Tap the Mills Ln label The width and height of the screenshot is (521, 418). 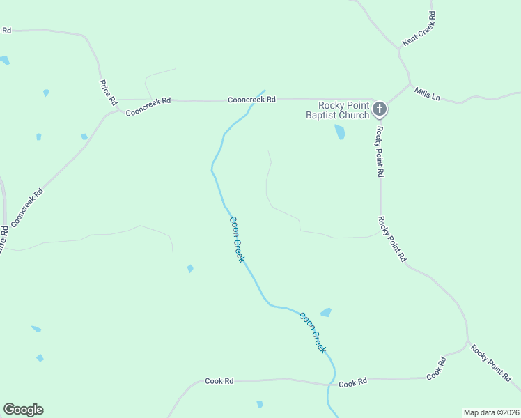427,94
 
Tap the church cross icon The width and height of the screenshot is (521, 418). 380,109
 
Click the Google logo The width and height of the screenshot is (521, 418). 23,410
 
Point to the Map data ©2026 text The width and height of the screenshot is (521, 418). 492,412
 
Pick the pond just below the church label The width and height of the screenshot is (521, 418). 340,132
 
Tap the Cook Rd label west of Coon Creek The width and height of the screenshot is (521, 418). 219,381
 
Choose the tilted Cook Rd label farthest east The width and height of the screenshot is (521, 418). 436,368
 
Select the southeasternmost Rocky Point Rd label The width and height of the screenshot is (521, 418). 491,362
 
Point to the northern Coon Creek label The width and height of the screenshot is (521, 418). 237,239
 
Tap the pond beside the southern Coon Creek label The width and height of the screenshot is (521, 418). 325,313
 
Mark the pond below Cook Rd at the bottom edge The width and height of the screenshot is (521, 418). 260,404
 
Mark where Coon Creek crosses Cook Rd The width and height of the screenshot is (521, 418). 329,384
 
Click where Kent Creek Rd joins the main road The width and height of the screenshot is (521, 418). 401,48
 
